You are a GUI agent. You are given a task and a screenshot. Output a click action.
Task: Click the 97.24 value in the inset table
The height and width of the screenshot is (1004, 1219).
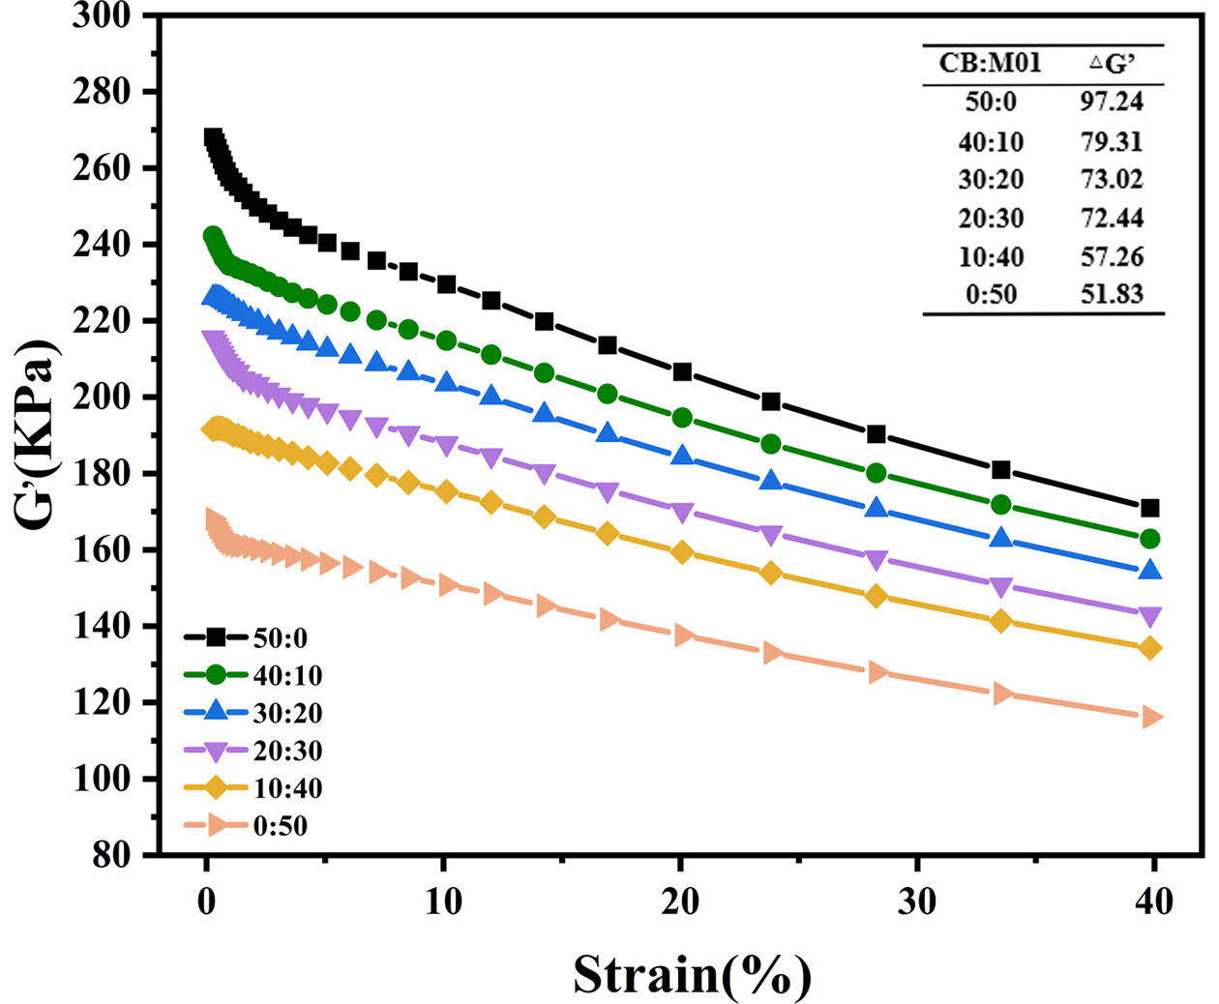pyautogui.click(x=1111, y=102)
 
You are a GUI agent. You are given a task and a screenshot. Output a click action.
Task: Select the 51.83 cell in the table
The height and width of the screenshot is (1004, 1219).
pyautogui.click(x=1111, y=294)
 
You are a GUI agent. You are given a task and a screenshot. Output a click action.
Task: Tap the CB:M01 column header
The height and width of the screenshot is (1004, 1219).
pyautogui.click(x=990, y=63)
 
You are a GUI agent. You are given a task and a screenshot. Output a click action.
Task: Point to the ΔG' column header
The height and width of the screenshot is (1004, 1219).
pyautogui.click(x=1112, y=63)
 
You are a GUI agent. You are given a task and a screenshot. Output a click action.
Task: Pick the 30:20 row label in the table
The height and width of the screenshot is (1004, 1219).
pyautogui.click(x=991, y=179)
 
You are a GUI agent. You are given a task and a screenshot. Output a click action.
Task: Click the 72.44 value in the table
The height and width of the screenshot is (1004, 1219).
pyautogui.click(x=1111, y=218)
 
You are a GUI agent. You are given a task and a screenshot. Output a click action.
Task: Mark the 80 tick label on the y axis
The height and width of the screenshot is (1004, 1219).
pyautogui.click(x=114, y=855)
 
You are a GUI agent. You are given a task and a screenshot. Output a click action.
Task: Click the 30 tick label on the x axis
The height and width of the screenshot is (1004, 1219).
pyautogui.click(x=916, y=902)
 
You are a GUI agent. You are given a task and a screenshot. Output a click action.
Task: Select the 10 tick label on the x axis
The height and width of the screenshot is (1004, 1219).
pyautogui.click(x=442, y=902)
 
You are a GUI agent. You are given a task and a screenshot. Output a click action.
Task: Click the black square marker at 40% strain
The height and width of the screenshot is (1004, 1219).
pyautogui.click(x=1149, y=508)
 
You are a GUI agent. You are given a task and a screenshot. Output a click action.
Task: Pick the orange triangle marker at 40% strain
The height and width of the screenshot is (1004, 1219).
pyautogui.click(x=1150, y=717)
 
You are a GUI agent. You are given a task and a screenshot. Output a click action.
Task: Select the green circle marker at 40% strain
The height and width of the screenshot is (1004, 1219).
pyautogui.click(x=1149, y=539)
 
